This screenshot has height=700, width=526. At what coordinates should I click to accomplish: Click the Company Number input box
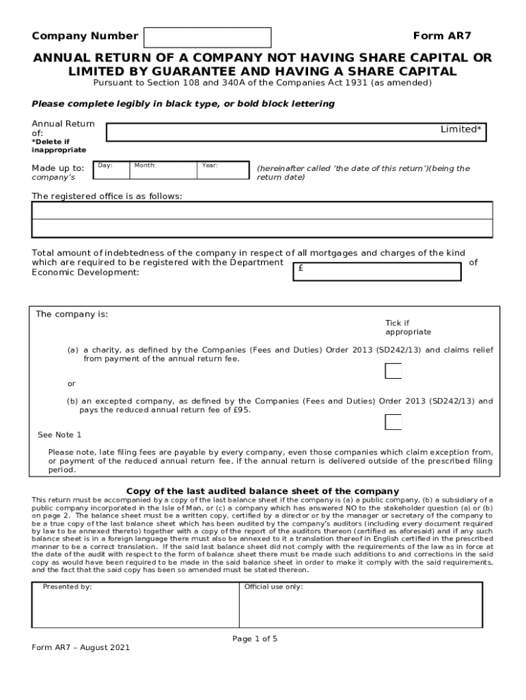click(x=208, y=37)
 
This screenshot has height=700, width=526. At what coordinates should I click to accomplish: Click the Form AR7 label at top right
click(x=442, y=36)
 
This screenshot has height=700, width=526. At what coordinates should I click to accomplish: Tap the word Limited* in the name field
click(x=460, y=129)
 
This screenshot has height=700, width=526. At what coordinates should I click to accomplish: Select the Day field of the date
click(x=111, y=170)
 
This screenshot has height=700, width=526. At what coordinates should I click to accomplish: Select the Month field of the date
click(x=163, y=170)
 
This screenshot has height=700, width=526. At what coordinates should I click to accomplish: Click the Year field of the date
click(x=223, y=170)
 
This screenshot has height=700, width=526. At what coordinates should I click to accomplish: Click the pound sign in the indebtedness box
click(x=301, y=269)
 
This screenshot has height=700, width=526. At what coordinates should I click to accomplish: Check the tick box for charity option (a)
click(x=393, y=371)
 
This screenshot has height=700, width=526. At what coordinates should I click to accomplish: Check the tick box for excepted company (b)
click(x=393, y=422)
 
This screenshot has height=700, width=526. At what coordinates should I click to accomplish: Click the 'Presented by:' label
click(x=67, y=587)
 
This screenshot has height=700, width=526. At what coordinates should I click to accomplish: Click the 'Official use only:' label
click(x=273, y=587)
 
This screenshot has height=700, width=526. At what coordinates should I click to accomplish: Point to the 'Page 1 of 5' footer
click(x=255, y=639)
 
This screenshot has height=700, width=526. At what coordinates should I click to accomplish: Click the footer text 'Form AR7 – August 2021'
click(x=81, y=647)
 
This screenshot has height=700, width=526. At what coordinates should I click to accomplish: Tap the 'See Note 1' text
click(x=59, y=435)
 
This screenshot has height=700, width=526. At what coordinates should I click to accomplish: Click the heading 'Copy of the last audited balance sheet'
click(x=263, y=491)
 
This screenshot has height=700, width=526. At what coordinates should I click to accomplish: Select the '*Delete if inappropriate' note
click(x=59, y=146)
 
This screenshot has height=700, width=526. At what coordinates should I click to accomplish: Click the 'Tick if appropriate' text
click(x=408, y=327)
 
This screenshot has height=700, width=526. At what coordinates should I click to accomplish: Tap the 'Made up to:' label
click(x=58, y=168)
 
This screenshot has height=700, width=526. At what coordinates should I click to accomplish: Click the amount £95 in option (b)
click(x=242, y=410)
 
